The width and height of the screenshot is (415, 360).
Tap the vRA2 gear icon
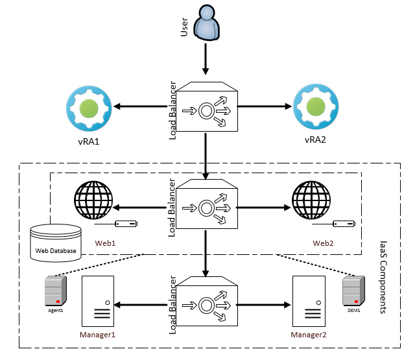[x=316, y=106]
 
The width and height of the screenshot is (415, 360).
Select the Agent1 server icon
[x=55, y=290]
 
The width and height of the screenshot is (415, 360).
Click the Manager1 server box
[x=98, y=301]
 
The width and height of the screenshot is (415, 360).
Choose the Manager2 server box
[x=308, y=301]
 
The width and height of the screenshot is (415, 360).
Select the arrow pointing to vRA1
[x=143, y=107]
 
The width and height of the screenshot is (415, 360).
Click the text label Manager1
[x=97, y=335]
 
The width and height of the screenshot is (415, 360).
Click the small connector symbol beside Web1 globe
[x=126, y=224]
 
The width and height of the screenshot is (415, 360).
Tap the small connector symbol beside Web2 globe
[x=344, y=224]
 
